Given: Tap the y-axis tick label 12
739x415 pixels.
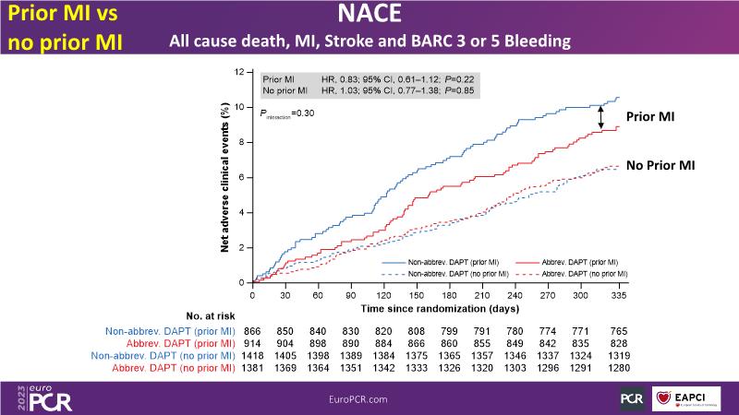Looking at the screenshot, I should tap(239, 71).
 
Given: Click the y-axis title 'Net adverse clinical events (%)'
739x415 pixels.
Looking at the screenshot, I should tap(224, 177).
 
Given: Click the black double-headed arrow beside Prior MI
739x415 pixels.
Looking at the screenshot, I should tap(601, 117).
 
